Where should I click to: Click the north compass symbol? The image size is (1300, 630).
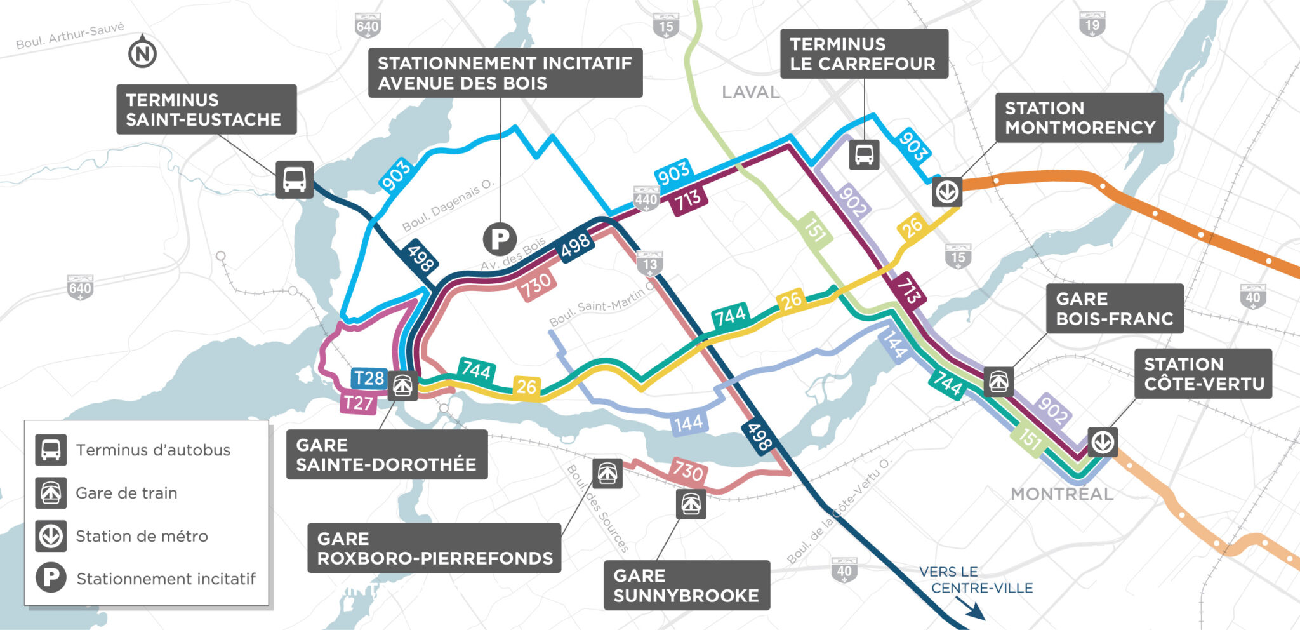(x=142, y=54)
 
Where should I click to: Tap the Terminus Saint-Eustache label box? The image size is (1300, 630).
(x=206, y=109)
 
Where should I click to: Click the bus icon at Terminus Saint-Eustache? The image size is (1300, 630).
(x=294, y=179)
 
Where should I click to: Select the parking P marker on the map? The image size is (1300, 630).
(x=500, y=239)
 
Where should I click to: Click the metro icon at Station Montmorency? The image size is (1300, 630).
(x=947, y=191)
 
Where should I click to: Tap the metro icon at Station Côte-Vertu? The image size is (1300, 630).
(x=1103, y=442)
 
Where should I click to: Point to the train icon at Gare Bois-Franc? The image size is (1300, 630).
(x=998, y=382)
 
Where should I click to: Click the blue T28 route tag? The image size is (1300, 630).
(x=368, y=379)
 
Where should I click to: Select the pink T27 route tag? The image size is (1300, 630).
(x=358, y=403)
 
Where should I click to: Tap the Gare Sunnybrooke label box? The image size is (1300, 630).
(x=686, y=585)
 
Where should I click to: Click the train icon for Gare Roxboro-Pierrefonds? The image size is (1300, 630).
(x=607, y=473)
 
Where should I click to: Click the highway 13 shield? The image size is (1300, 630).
(x=650, y=264)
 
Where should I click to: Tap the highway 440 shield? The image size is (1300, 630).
(x=646, y=199)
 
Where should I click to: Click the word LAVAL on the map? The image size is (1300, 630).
(x=750, y=93)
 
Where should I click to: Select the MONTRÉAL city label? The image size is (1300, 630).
(x=1061, y=494)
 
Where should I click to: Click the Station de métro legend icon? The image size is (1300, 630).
(x=51, y=536)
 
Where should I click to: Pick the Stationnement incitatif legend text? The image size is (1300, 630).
(x=166, y=579)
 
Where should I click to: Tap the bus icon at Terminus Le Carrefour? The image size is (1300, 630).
(x=864, y=154)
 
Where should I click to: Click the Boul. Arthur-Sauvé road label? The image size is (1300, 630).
(x=70, y=36)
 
